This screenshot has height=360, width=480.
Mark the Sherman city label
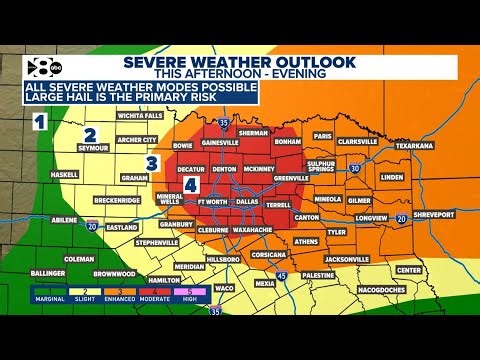[x=254, y=133]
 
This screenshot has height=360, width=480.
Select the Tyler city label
[x=336, y=232]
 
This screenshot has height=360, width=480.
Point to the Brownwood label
[x=114, y=273]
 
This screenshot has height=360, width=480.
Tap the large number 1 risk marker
[x=41, y=123]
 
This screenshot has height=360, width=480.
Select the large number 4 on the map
[x=189, y=185]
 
